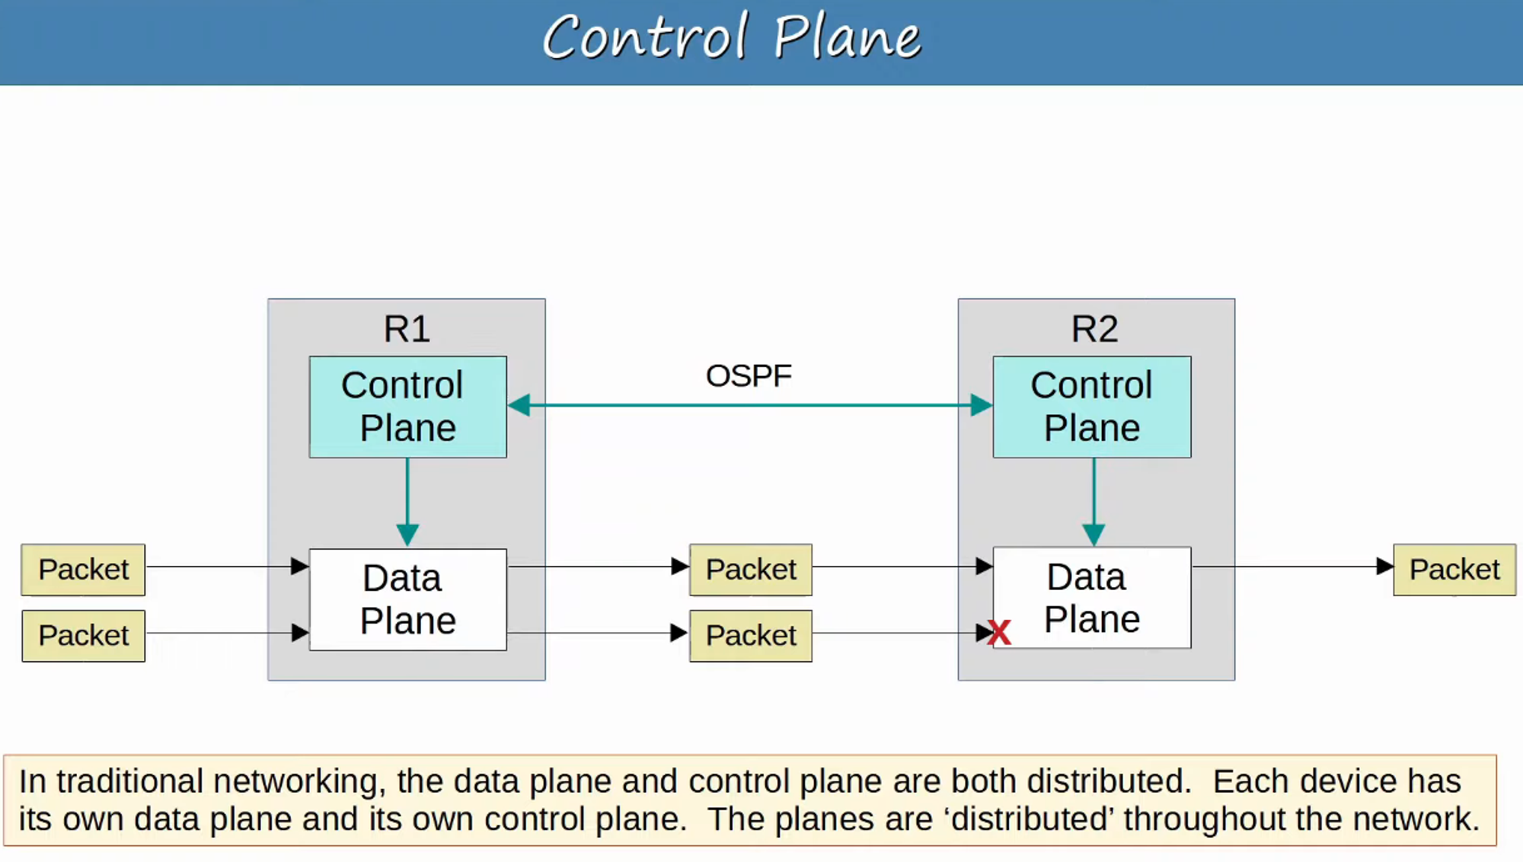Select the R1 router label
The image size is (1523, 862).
coord(407,329)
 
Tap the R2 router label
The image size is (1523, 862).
coord(1095,329)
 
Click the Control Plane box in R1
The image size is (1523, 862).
coord(407,407)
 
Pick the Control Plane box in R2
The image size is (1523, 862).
coord(1092,407)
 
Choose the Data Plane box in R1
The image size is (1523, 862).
coord(407,599)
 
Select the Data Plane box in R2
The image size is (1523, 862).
coord(1092,598)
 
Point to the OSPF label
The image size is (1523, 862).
coord(749,376)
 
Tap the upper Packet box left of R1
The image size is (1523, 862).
coord(83,570)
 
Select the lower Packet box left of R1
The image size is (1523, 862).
coord(83,636)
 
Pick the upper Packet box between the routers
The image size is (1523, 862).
coord(751,570)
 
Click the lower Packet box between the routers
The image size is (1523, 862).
coord(751,636)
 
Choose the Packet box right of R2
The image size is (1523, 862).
coord(1454,570)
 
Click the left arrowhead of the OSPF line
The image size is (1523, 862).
coord(519,405)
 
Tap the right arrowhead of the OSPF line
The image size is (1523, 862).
coord(982,405)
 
